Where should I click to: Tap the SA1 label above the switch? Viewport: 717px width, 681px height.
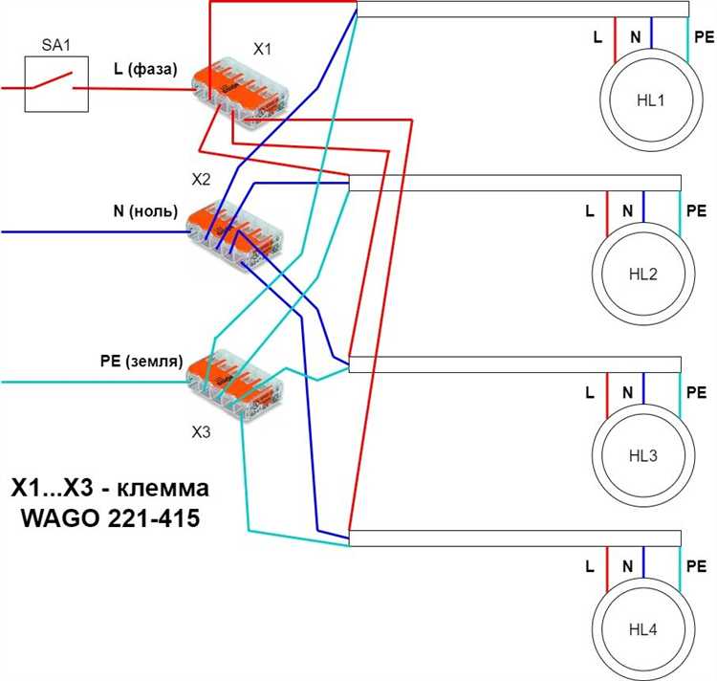pos(55,45)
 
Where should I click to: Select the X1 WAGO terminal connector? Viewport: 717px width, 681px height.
pos(240,93)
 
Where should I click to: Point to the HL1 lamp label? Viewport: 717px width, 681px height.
pos(651,100)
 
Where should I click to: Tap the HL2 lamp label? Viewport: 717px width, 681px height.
pos(643,274)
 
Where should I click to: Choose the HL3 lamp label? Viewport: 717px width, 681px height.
pos(643,455)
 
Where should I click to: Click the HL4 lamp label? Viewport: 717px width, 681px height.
pos(643,629)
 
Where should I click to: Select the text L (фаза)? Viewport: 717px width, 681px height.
pos(145,69)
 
